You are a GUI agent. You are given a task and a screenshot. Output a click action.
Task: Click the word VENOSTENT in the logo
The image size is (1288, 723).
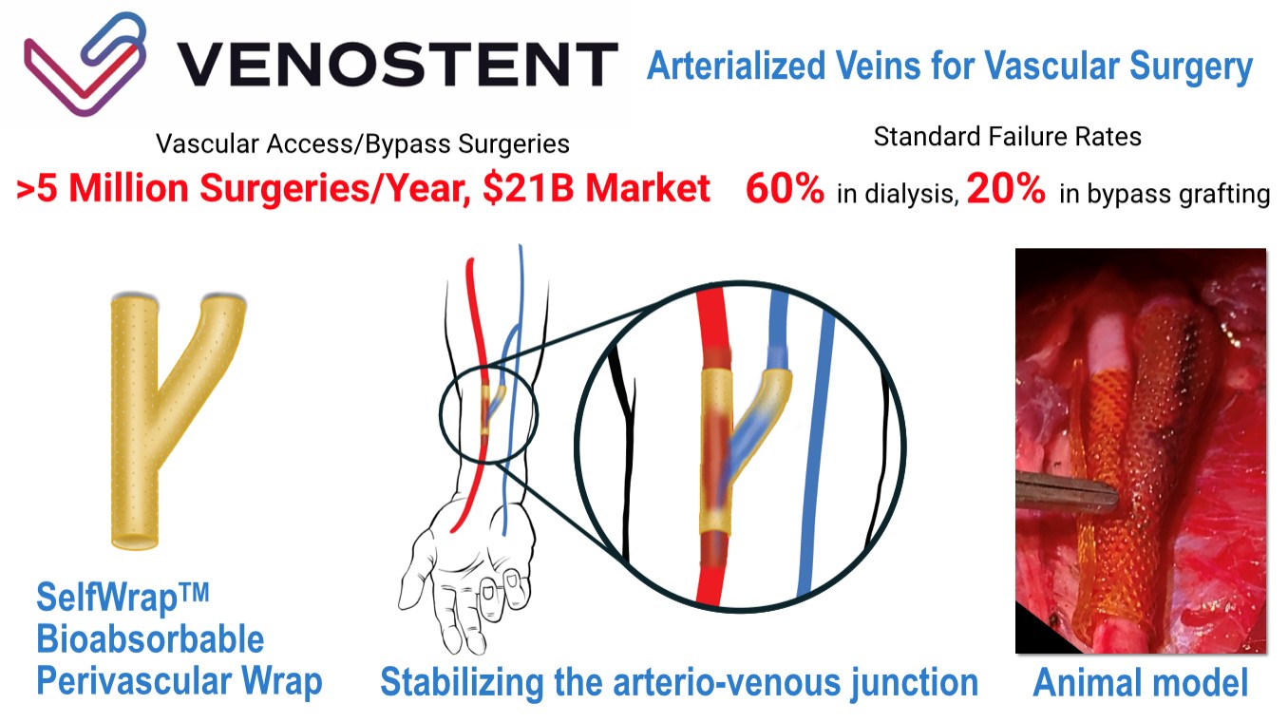pyautogui.click(x=397, y=65)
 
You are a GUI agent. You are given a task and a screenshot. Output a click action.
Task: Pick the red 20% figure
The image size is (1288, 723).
pyautogui.click(x=1006, y=191)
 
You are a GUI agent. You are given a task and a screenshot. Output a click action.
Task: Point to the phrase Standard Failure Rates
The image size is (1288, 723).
pyautogui.click(x=1007, y=137)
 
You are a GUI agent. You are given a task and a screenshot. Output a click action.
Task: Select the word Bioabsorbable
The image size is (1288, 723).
pyautogui.click(x=150, y=639)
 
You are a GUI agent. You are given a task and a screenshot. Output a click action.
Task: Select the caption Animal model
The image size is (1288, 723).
pyautogui.click(x=1140, y=682)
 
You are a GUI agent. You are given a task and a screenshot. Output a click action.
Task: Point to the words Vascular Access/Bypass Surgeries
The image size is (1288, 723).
pyautogui.click(x=363, y=143)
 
